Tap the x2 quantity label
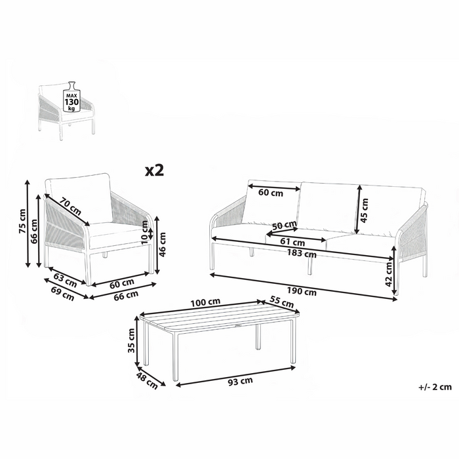tap(153, 170)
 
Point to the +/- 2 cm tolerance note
tap(433, 388)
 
